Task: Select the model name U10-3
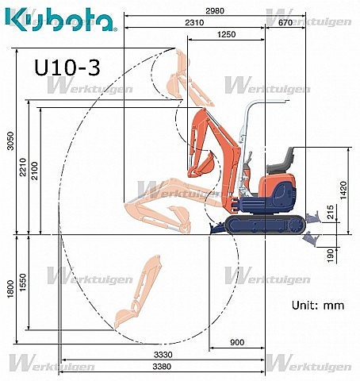pyautogui.click(x=67, y=67)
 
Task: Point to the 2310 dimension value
pyautogui.click(x=194, y=23)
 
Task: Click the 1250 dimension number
pyautogui.click(x=226, y=35)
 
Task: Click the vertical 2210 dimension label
pyautogui.click(x=23, y=167)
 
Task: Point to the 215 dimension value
pyautogui.click(x=331, y=213)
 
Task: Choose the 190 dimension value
pyautogui.click(x=331, y=254)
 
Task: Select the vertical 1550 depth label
pyautogui.click(x=23, y=282)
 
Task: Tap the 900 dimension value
pyautogui.click(x=236, y=343)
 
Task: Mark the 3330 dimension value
pyautogui.click(x=163, y=355)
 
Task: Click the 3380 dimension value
pyautogui.click(x=163, y=367)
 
